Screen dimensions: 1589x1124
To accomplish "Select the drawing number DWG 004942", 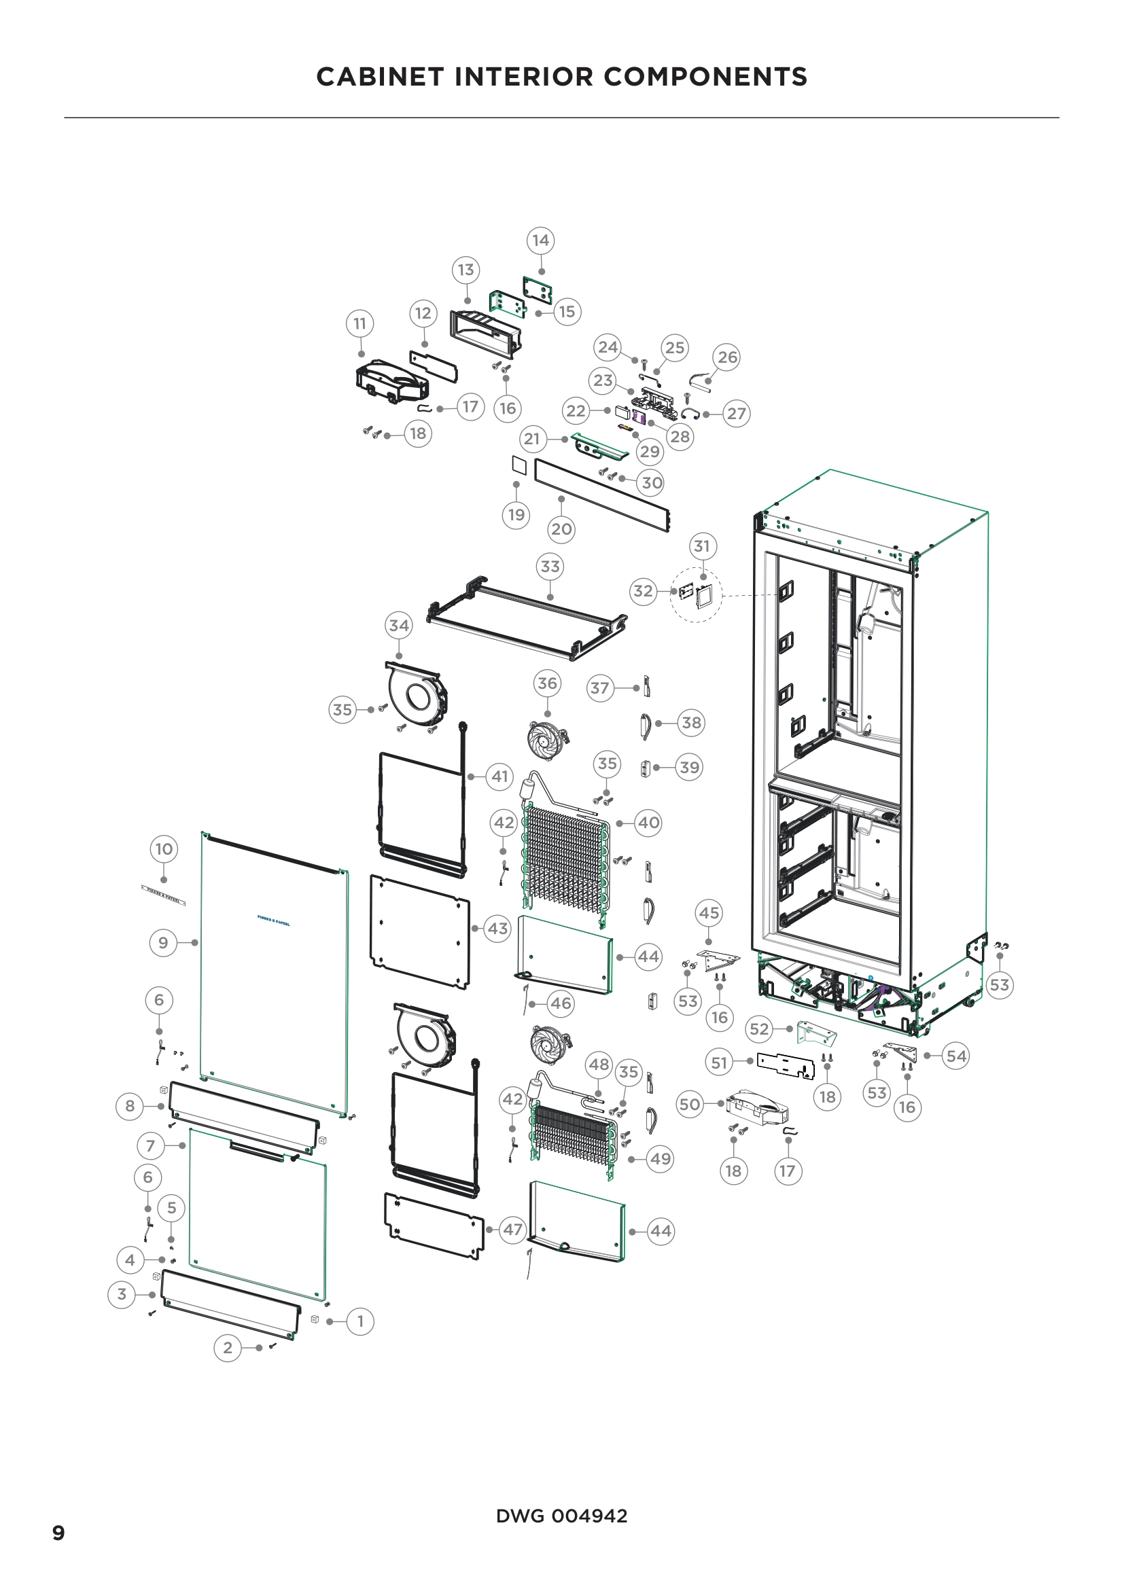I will pyautogui.click(x=561, y=1516).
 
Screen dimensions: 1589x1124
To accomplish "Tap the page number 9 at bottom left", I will pyautogui.click(x=59, y=1533).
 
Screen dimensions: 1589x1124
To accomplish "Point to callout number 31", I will pyautogui.click(x=703, y=546).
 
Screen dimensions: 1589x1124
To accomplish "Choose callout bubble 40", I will pyautogui.click(x=648, y=823).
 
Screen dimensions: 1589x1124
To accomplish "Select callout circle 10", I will pyautogui.click(x=164, y=849).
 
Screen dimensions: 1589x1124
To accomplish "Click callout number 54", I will pyautogui.click(x=956, y=1056).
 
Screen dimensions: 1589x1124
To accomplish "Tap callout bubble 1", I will pyautogui.click(x=360, y=1321).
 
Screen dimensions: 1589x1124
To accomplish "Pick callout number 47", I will pyautogui.click(x=512, y=1230).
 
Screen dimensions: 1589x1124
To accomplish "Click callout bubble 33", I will pyautogui.click(x=550, y=566).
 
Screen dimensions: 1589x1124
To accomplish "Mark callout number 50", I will pyautogui.click(x=690, y=1104).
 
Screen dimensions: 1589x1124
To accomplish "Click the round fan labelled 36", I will pyautogui.click(x=548, y=739).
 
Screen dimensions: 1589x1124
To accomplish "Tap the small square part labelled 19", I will pyautogui.click(x=519, y=465).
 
